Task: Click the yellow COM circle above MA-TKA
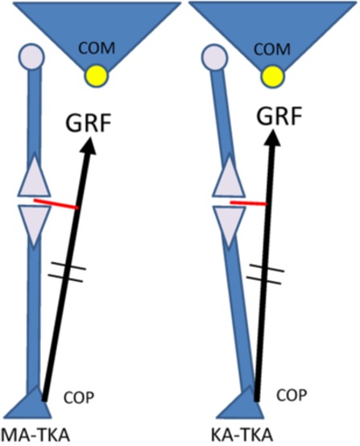pos(96,76)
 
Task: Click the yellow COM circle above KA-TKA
pos(272,76)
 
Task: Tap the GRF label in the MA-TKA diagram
pos(88,122)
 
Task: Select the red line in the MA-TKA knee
pos(56,204)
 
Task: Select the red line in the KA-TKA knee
pos(248,203)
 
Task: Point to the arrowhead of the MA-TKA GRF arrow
pos(89,146)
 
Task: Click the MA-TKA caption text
pos(36,436)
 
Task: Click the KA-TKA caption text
pos(242,436)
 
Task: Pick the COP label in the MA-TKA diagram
pos(79,398)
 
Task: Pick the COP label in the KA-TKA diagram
pos(292,394)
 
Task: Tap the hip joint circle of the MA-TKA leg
pos(31,56)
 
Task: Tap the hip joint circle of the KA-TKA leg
pos(214,56)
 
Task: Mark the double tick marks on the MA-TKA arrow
pos(67,271)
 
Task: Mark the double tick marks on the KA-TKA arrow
pos(265,274)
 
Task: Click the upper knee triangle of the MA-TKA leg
pos(35,180)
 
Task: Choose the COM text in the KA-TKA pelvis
pos(272,49)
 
